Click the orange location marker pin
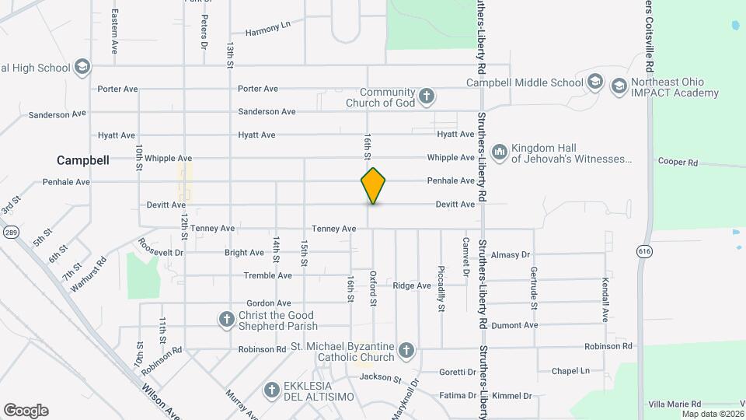coord(373,185)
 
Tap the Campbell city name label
coord(82,159)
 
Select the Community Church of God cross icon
coord(426,97)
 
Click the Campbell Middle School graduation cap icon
coord(595,82)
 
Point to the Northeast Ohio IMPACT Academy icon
coord(619,86)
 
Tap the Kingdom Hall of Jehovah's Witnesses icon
coord(499,150)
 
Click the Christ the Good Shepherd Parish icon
coord(226,320)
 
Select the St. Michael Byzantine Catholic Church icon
coord(406,352)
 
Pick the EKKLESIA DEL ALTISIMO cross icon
coord(272,390)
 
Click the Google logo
coord(26,411)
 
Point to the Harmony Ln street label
coord(267,29)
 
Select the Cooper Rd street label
coord(678,163)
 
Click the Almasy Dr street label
coord(510,254)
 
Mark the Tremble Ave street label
coord(267,275)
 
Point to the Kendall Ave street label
coord(605,299)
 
